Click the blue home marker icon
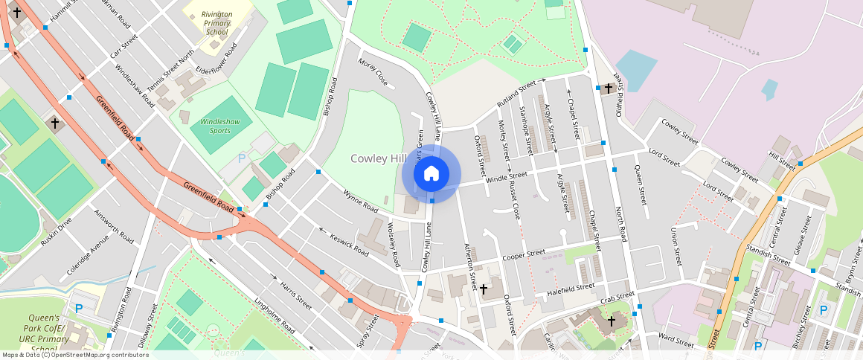[431, 174]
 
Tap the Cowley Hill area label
[379, 158]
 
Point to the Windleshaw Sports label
[215, 126]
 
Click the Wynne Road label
[361, 202]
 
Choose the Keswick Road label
[350, 243]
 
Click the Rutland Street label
[517, 91]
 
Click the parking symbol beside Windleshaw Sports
[241, 158]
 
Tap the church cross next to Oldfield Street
[608, 89]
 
